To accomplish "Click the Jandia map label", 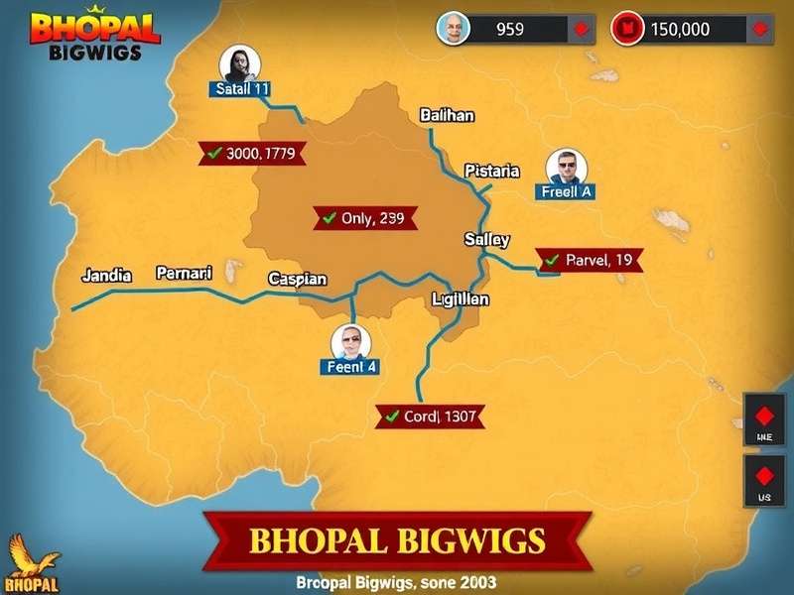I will (x=106, y=275).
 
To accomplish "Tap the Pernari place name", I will (x=185, y=272).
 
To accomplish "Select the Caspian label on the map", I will (x=298, y=280).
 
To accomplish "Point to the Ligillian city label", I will (x=461, y=298).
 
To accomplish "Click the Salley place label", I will (x=487, y=239).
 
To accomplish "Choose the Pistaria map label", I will (x=492, y=171).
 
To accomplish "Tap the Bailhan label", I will (x=447, y=115).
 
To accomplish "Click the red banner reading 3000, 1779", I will (x=253, y=153).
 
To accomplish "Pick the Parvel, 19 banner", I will (x=590, y=260).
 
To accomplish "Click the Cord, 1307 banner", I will (x=431, y=416).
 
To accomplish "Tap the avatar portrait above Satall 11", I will (x=239, y=63).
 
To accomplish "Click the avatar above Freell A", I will (x=567, y=167).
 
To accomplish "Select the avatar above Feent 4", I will (x=350, y=342).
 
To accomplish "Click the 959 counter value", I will (x=510, y=29).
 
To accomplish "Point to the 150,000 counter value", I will (x=681, y=29).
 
